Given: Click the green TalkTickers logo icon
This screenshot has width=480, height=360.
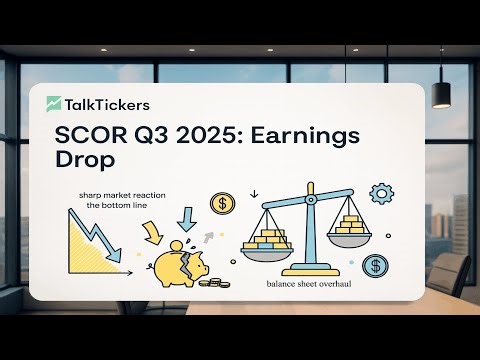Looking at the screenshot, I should click(x=55, y=102).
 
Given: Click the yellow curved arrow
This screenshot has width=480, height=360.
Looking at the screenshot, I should click(x=151, y=232).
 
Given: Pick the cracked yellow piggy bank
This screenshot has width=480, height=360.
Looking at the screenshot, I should click(x=180, y=262).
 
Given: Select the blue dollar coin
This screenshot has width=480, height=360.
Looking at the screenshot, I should click(x=376, y=266).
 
